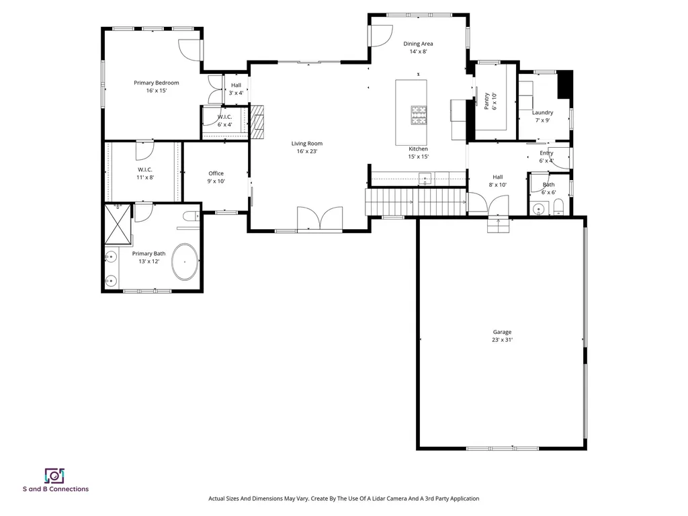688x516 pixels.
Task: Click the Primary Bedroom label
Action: point(156,83)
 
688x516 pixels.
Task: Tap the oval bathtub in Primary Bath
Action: point(185,262)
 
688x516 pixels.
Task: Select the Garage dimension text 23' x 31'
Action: point(502,340)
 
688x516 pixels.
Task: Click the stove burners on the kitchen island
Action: point(419,116)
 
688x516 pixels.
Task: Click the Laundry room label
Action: point(542,113)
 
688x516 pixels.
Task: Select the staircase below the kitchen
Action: point(415,202)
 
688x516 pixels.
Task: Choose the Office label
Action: point(216,173)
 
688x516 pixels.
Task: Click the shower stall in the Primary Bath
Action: point(117,226)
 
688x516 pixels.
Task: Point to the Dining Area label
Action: point(418,44)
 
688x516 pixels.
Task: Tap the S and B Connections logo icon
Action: point(54,476)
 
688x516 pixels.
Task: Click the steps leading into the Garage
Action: point(498,226)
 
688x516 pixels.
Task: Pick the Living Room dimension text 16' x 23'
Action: point(306,151)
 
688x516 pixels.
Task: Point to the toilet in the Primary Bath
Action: point(190,215)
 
